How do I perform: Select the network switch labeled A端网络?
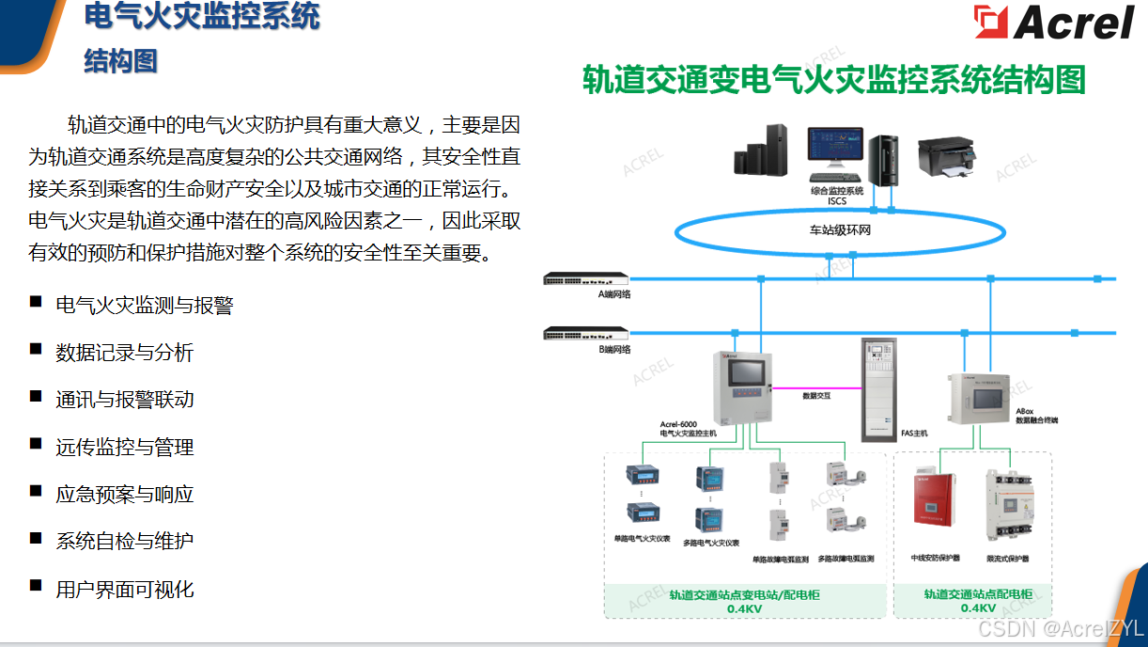585,278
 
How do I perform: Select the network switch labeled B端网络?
585,333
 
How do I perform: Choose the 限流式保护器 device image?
1007,509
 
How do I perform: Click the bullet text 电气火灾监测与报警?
144,306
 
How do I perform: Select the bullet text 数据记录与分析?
124,353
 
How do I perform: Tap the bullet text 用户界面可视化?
124,590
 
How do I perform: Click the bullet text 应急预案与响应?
124,495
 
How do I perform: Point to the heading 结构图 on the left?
120,61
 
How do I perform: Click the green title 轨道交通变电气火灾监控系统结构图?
833,80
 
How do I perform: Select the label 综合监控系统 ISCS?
836,195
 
